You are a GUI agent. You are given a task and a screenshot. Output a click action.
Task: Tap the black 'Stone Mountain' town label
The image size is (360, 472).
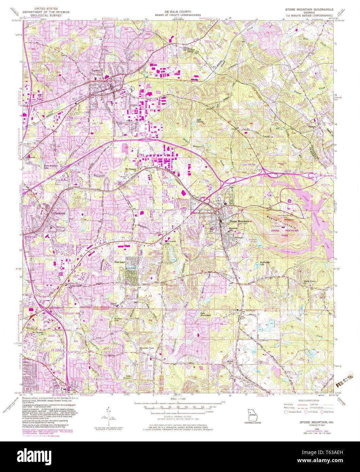239,221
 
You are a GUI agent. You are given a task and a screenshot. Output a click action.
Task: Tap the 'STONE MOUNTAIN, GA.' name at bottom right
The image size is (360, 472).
312,421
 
